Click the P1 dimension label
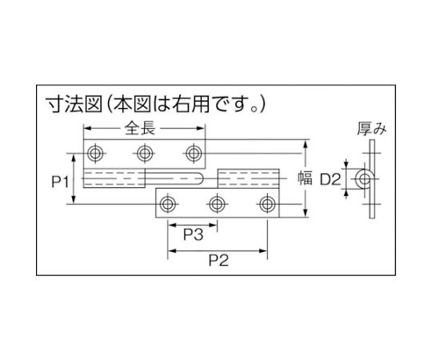point(60,182)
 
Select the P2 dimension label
point(218,260)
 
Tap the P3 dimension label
point(193,234)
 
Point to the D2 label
point(330,179)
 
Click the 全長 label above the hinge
point(140,128)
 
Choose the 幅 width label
point(305,178)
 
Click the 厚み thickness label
point(372,129)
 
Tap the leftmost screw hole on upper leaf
point(95,153)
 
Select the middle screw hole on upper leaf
point(145,153)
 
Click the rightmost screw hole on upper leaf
point(194,153)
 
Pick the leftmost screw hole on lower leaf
point(167,204)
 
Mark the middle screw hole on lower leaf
point(217,204)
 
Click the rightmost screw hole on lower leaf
point(267,204)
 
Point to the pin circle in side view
point(365,179)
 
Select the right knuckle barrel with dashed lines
point(249,178)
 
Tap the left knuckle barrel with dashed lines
point(114,178)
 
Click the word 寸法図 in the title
point(74,104)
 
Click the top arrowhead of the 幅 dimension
point(305,144)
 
